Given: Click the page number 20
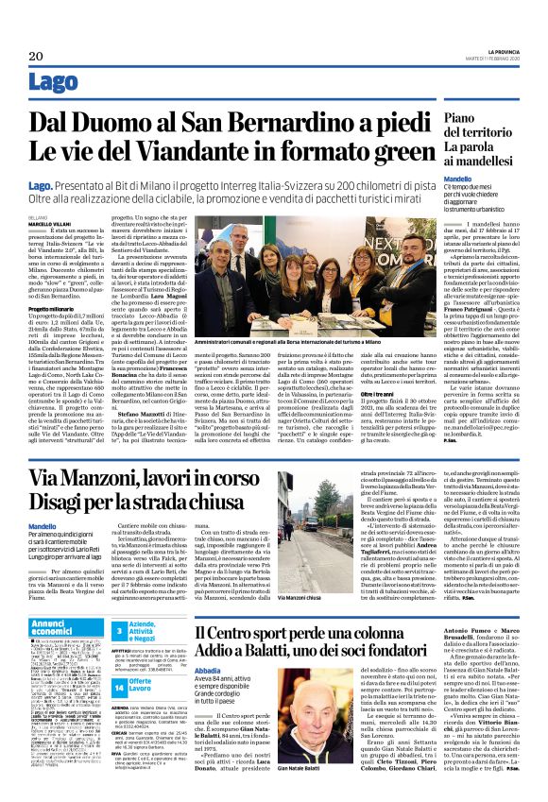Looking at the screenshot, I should click(x=23, y=57).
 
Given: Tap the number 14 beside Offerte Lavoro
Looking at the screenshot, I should click(x=120, y=682).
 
